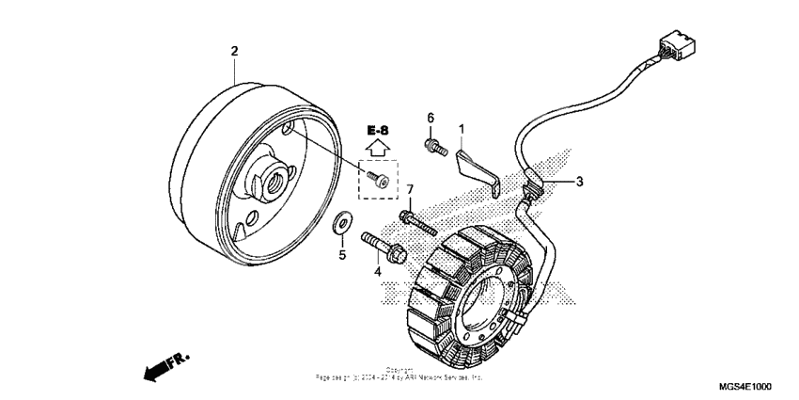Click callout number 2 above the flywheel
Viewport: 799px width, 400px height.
click(x=235, y=50)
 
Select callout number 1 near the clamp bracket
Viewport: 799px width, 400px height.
click(x=462, y=128)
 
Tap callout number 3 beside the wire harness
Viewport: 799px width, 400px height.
click(x=580, y=181)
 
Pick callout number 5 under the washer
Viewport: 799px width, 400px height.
click(x=342, y=254)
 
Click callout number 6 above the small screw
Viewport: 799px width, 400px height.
click(x=431, y=118)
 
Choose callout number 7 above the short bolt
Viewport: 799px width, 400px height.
click(x=410, y=191)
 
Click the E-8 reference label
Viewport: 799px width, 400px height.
click(x=378, y=129)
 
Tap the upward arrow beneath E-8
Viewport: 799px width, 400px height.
click(x=378, y=147)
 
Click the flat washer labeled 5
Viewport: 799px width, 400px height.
click(x=343, y=223)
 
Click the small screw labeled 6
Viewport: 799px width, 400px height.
click(x=435, y=146)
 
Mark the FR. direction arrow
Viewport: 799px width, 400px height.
click(x=166, y=366)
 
